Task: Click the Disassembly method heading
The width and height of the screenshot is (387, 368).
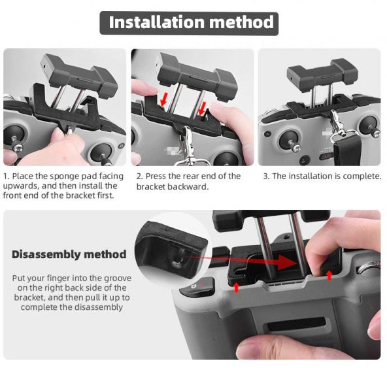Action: point(68,254)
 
